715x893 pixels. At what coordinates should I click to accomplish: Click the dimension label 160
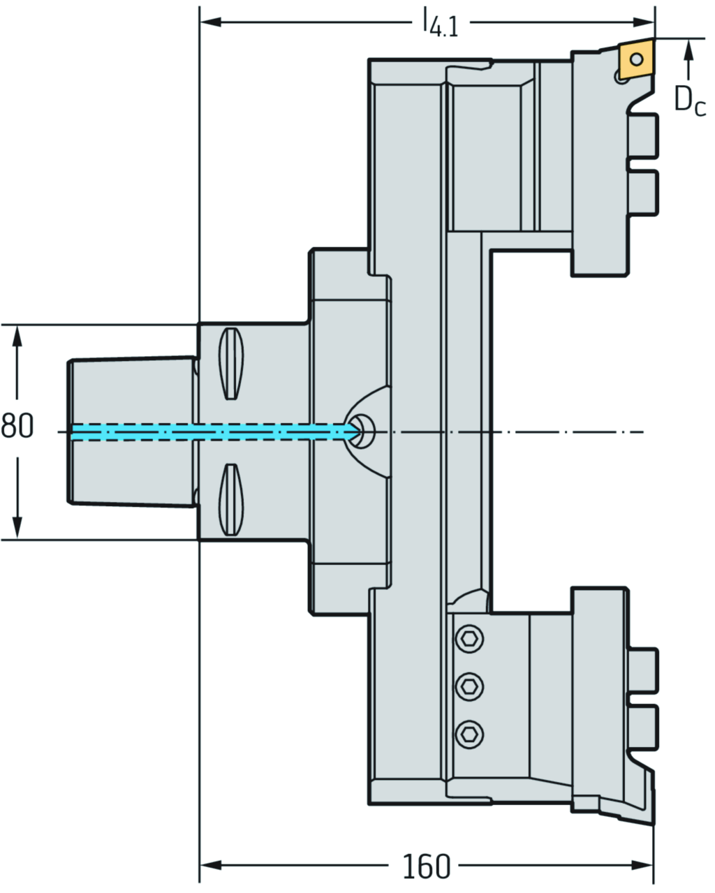426,866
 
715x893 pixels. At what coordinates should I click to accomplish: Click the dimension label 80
17,426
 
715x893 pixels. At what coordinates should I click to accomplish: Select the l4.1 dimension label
441,24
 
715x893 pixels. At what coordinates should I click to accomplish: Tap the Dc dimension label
689,100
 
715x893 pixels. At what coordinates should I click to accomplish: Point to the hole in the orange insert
637,59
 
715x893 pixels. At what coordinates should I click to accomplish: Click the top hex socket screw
469,640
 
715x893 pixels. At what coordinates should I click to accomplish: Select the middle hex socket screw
469,687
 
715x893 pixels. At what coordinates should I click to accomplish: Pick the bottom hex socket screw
469,735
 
